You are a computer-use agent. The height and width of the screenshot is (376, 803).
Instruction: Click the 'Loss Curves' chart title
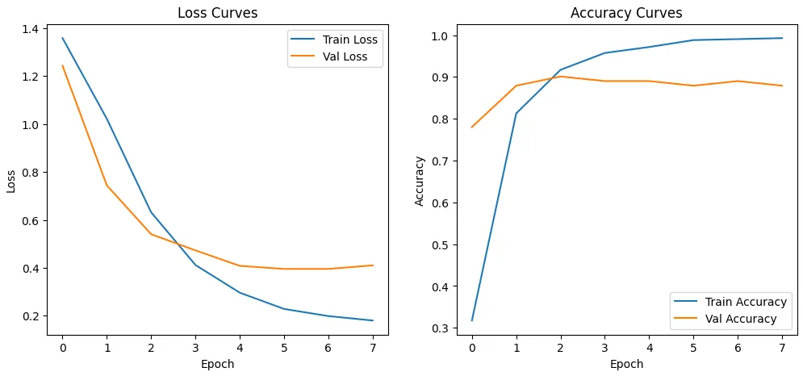pyautogui.click(x=217, y=13)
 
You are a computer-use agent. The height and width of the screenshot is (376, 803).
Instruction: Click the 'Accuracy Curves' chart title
pyautogui.click(x=626, y=13)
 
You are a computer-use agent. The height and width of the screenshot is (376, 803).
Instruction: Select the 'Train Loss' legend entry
pyautogui.click(x=349, y=40)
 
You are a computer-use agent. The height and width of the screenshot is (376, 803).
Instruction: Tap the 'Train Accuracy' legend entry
pyautogui.click(x=745, y=302)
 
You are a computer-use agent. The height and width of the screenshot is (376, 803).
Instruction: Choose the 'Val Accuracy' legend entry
pyautogui.click(x=741, y=319)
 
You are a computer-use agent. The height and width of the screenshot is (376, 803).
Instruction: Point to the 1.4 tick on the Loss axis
pyautogui.click(x=36, y=29)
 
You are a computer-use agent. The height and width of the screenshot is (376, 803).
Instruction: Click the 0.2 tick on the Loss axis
pyautogui.click(x=36, y=316)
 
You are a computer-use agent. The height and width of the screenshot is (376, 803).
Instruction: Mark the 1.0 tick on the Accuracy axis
pyautogui.click(x=445, y=36)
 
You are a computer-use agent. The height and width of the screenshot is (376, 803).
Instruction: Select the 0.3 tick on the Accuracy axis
pyautogui.click(x=445, y=328)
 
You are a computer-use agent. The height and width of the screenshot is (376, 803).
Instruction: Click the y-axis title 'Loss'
pyautogui.click(x=11, y=180)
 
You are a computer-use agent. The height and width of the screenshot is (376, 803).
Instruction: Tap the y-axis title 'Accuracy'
pyautogui.click(x=420, y=180)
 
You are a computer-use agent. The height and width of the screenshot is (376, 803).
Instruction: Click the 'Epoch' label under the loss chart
pyautogui.click(x=217, y=364)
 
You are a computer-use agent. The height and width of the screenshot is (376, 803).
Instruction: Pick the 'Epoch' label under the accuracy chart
pyautogui.click(x=626, y=364)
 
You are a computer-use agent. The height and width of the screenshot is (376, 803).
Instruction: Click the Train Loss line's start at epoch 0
pyautogui.click(x=62, y=38)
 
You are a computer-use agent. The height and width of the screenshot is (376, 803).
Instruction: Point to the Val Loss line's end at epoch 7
pyautogui.click(x=373, y=265)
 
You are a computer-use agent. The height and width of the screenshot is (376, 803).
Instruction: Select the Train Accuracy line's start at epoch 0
pyautogui.click(x=471, y=321)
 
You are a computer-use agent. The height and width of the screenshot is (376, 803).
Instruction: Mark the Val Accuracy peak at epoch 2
pyautogui.click(x=560, y=77)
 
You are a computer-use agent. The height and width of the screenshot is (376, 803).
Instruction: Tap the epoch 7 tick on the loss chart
pyautogui.click(x=373, y=347)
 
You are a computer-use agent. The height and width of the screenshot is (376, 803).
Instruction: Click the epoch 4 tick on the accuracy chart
pyautogui.click(x=649, y=347)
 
